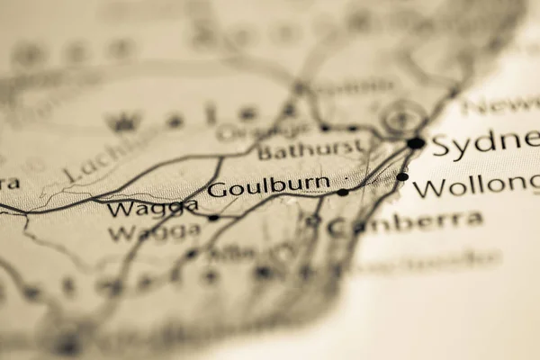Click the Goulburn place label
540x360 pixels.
pos(268,187)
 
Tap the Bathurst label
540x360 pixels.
pos(310,149)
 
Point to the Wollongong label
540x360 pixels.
pos(476,187)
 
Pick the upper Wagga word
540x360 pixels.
pos(152,209)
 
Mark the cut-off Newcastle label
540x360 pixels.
pos(500,105)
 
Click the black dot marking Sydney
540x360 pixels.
pos(415,143)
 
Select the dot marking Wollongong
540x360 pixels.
pos(402,177)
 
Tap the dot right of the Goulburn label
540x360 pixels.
pos(343,192)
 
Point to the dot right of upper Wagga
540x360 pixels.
pos(213,218)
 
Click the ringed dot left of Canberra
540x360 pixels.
pos(312,220)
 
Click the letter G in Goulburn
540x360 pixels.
pos(216,189)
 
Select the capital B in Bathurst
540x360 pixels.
pos(265,150)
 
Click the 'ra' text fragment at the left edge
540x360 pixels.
pos(9,184)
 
